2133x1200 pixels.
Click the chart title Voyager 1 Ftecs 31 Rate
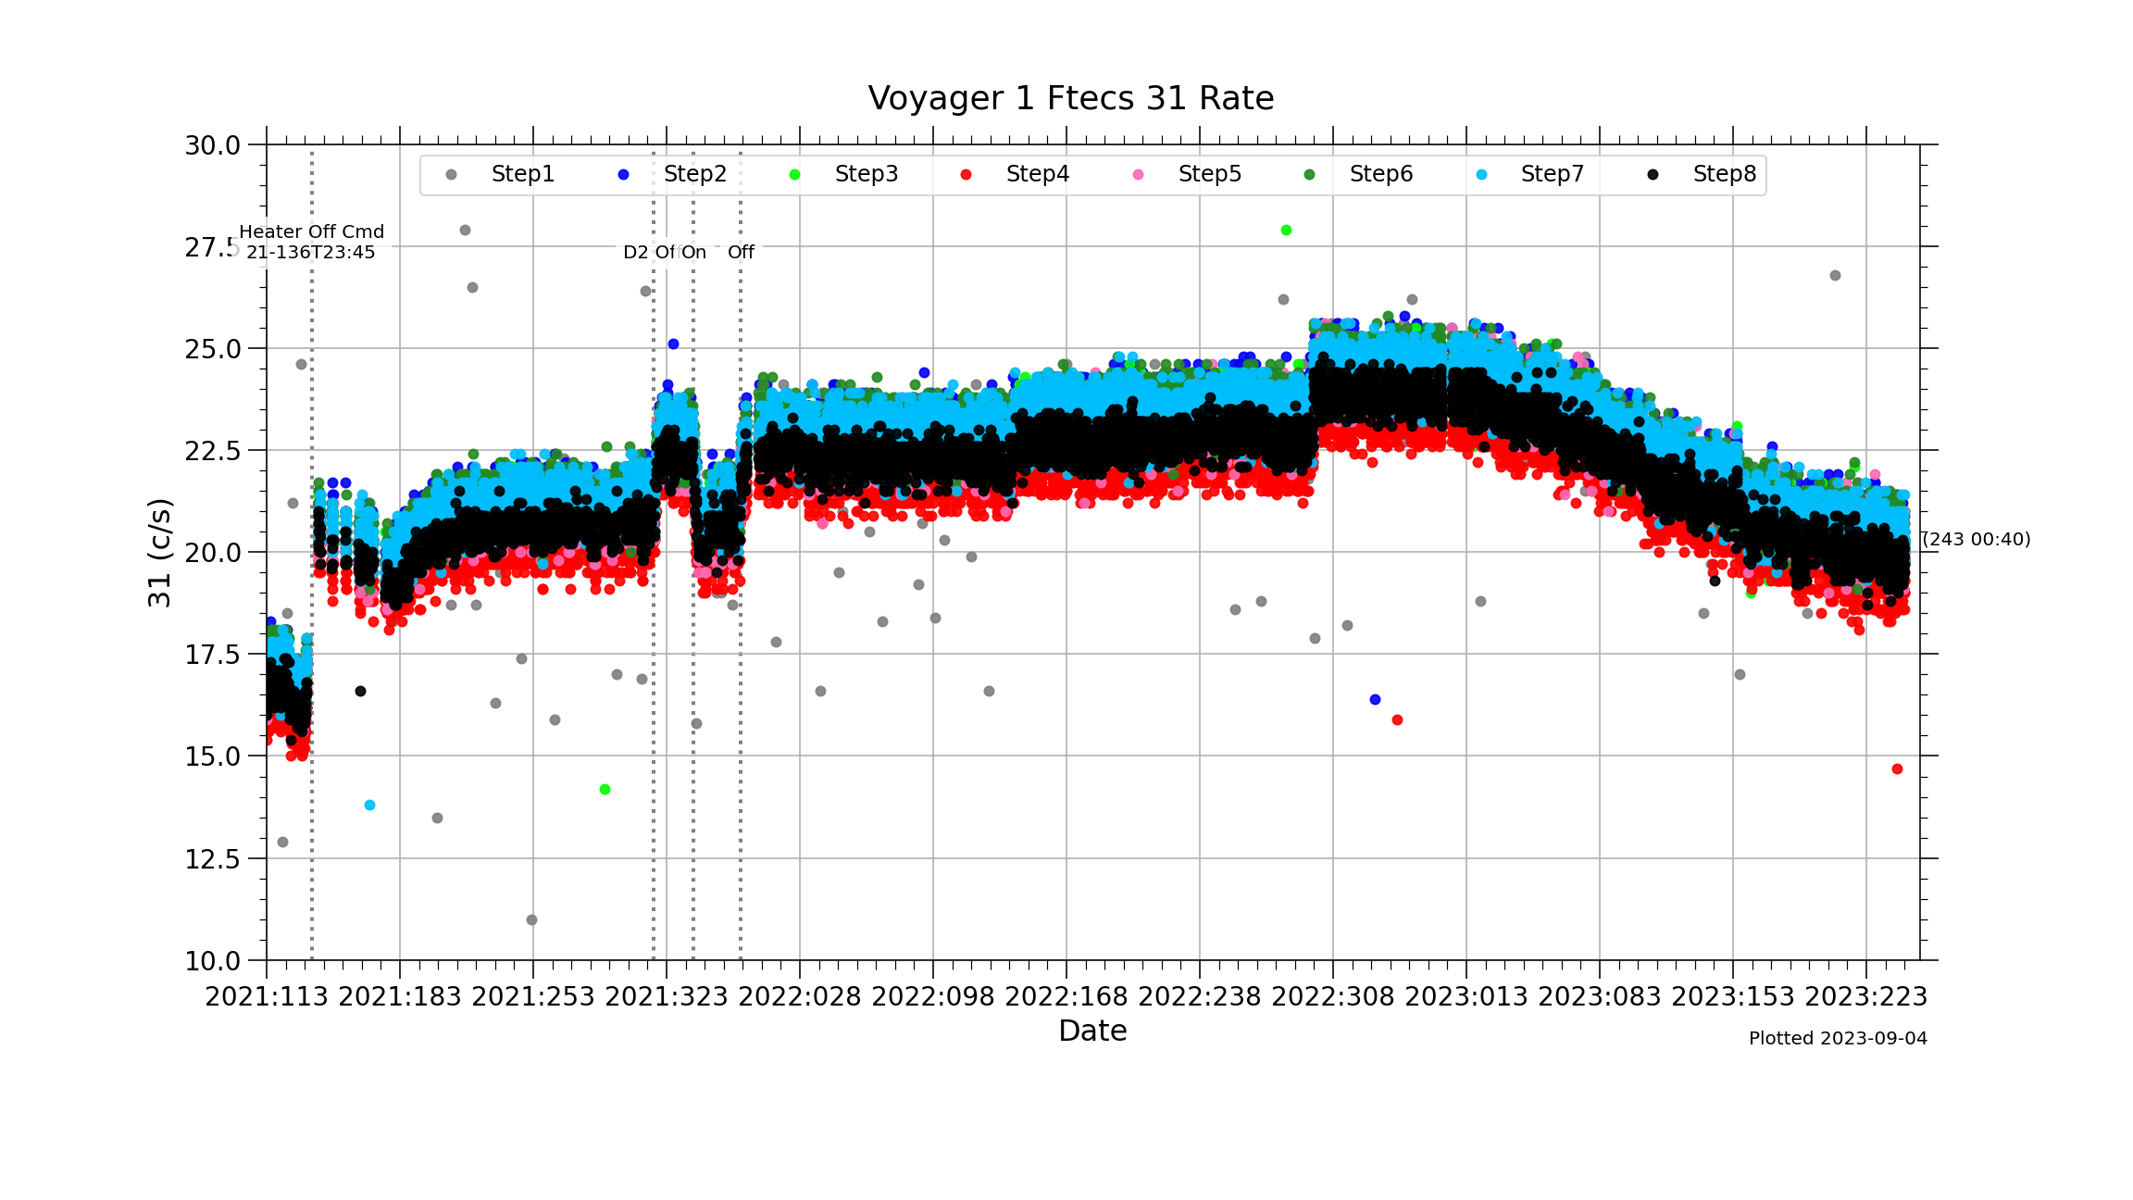tap(1070, 98)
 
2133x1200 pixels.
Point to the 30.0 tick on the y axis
tap(213, 145)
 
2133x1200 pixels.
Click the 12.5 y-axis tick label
tap(213, 859)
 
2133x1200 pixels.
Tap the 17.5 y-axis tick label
tap(213, 656)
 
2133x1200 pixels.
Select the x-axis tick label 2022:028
tap(800, 997)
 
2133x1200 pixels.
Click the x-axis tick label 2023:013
tap(1466, 997)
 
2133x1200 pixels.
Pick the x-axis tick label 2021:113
tap(267, 997)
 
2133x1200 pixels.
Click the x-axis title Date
tap(1092, 1031)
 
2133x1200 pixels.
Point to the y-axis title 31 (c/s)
tap(160, 553)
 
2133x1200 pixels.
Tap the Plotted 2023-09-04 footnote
tap(1838, 1039)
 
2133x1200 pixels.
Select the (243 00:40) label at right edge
tap(1977, 539)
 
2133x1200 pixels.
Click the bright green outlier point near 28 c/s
tap(1286, 231)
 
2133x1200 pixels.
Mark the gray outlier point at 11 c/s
tap(531, 920)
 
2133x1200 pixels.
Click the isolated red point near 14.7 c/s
tap(1897, 769)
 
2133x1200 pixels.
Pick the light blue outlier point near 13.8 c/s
tap(369, 806)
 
